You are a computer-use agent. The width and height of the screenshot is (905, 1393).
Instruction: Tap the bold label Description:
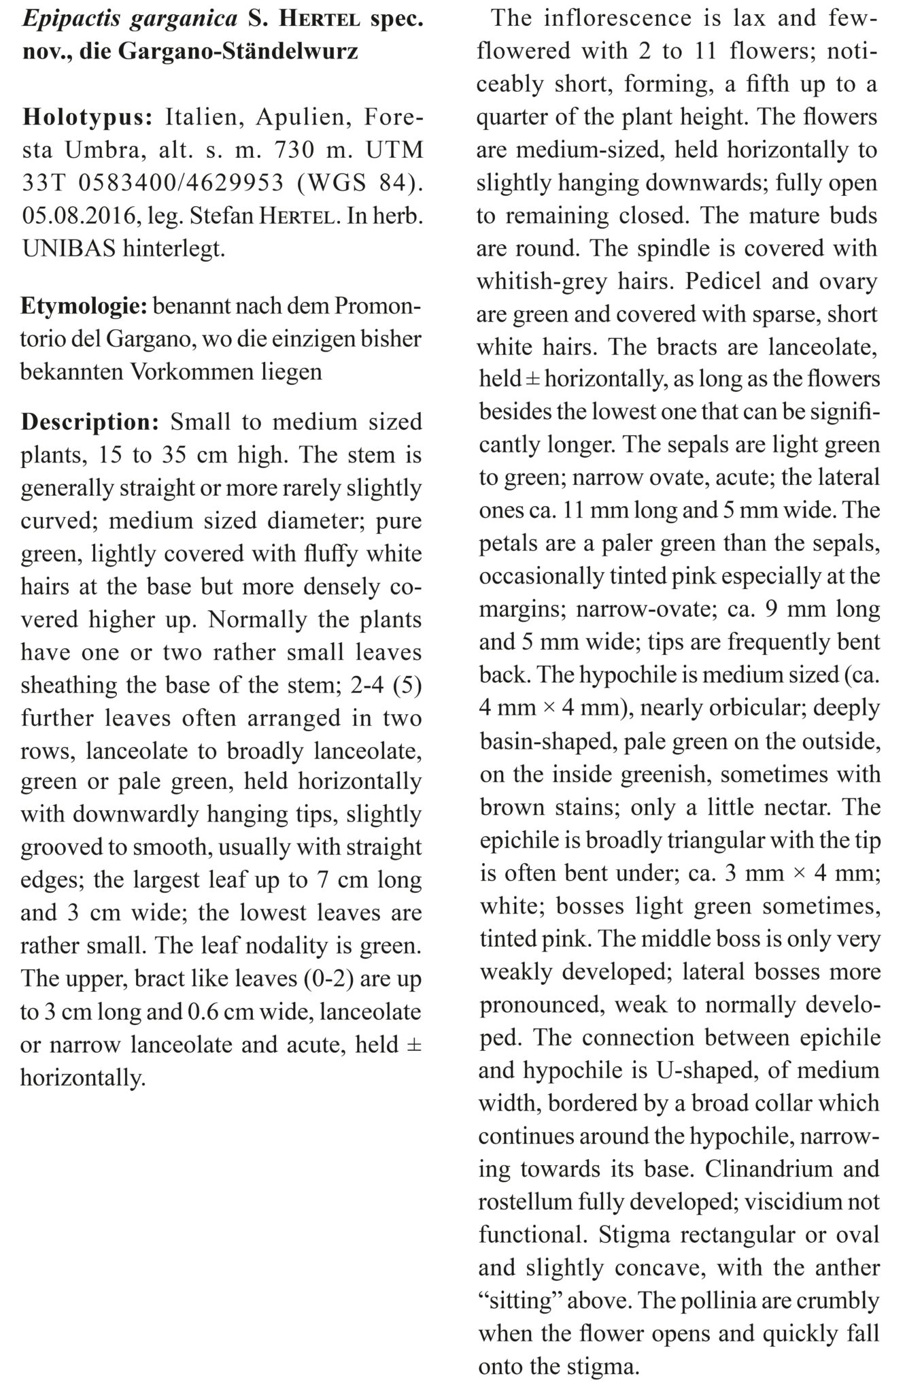tap(90, 422)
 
